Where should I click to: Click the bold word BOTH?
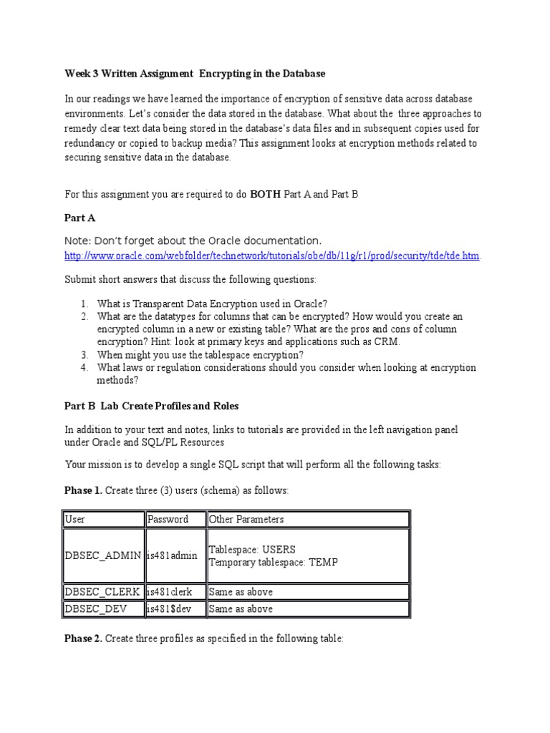click(x=264, y=194)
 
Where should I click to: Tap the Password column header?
click(x=168, y=519)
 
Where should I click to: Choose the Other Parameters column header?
click(x=246, y=519)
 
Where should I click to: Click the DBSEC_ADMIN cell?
click(x=103, y=555)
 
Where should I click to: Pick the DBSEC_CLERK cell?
click(x=102, y=592)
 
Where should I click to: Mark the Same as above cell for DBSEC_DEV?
click(x=241, y=609)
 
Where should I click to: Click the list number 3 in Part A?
click(x=84, y=354)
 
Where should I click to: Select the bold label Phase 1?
click(x=83, y=490)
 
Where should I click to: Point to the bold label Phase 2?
click(x=83, y=638)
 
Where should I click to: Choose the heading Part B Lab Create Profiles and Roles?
click(x=152, y=406)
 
